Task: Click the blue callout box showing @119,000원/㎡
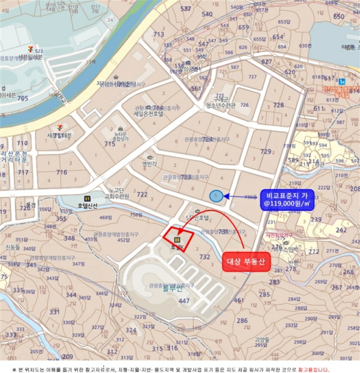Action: pyautogui.click(x=287, y=199)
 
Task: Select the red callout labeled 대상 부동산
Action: pyautogui.click(x=247, y=261)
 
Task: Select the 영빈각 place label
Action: pyautogui.click(x=150, y=165)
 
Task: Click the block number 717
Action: pyautogui.click(x=23, y=173)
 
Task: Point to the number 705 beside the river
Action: pyautogui.click(x=22, y=99)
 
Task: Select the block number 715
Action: pyautogui.click(x=110, y=144)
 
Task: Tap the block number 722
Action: pyautogui.click(x=142, y=194)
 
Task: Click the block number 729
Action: pyautogui.click(x=265, y=152)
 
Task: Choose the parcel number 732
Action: pyautogui.click(x=204, y=257)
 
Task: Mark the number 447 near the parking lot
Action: pyautogui.click(x=184, y=301)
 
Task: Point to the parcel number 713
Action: pyautogui.click(x=159, y=35)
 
